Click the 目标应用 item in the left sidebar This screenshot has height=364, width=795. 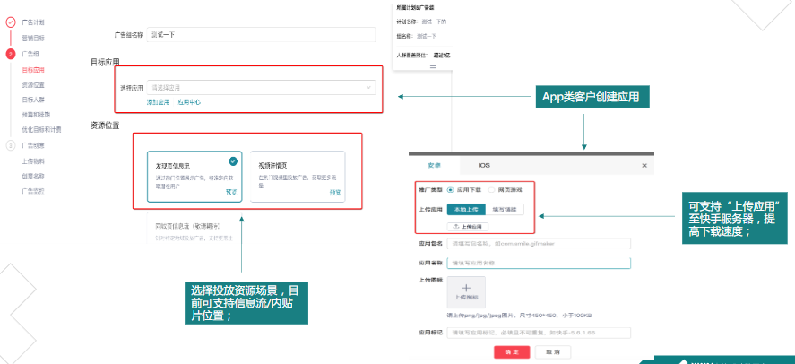(32, 69)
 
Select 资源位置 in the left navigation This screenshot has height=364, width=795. (33, 84)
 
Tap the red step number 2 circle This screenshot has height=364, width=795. (11, 54)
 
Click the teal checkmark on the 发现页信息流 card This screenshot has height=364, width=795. (233, 161)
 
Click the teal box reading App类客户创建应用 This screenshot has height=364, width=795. (596, 97)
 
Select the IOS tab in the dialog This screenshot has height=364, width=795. (483, 165)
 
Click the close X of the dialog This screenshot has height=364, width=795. (644, 166)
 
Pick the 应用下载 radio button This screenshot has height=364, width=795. (450, 190)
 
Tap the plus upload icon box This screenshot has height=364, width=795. (466, 290)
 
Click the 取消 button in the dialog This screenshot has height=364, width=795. (553, 352)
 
